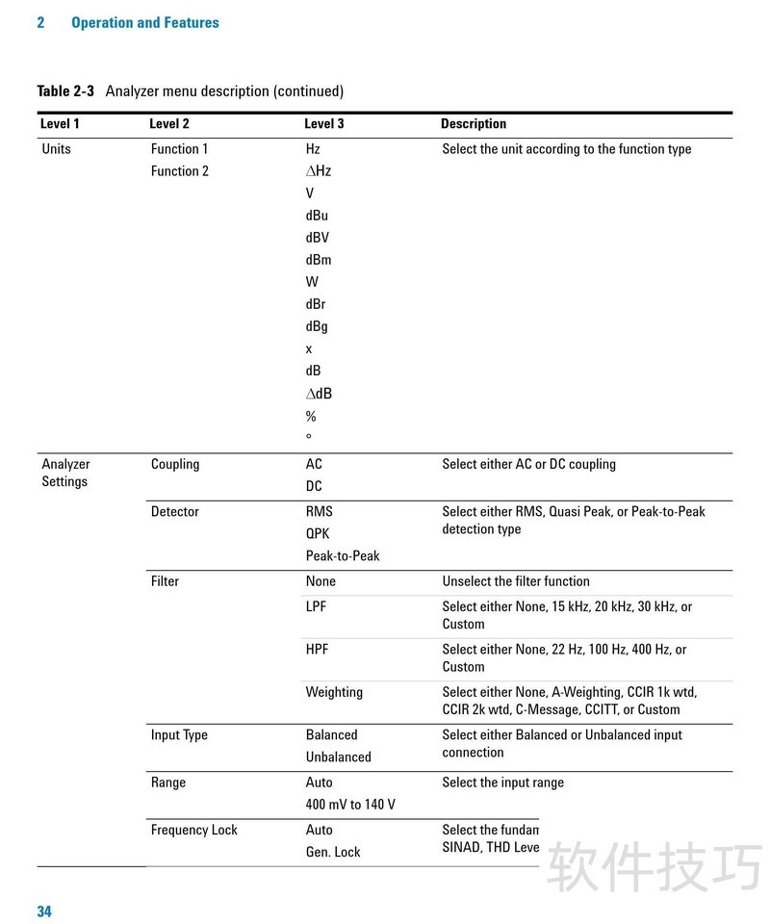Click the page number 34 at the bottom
44,911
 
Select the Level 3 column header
324,124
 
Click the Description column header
474,124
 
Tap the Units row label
57,149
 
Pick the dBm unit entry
319,260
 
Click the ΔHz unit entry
319,171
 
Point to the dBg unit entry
317,326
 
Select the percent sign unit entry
311,417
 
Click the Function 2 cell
180,171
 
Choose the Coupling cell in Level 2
175,464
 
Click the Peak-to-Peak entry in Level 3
343,555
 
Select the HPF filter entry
317,650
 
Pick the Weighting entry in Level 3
334,692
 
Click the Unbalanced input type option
338,757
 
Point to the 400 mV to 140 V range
350,805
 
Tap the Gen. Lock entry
333,852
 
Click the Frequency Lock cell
194,830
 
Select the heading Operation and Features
145,22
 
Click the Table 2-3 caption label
65,91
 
